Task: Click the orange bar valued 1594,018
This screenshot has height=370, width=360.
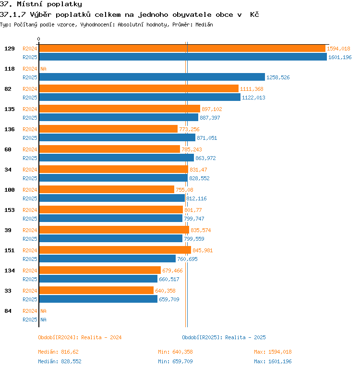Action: click(182, 49)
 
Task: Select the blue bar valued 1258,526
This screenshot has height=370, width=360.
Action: click(152, 77)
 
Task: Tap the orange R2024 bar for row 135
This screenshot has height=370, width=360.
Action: click(120, 109)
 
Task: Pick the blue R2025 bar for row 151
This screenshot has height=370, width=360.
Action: click(108, 259)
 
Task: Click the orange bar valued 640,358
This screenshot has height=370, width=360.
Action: click(96, 291)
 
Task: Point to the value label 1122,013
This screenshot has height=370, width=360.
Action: click(253, 98)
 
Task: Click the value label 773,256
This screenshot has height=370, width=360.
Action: click(189, 129)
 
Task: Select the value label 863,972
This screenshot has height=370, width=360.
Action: click(205, 158)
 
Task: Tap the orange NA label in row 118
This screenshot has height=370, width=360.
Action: click(43, 69)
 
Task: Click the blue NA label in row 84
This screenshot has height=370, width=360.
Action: click(43, 320)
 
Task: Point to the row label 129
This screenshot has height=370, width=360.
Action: click(10, 49)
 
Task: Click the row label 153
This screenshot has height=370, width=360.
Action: click(10, 210)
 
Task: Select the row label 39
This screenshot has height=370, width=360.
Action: click(8, 230)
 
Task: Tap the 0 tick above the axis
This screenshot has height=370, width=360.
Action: click(39, 39)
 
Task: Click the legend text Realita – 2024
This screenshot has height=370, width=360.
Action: click(101, 337)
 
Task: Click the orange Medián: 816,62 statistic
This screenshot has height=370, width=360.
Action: click(58, 352)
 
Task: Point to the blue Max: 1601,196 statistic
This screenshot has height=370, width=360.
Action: click(273, 361)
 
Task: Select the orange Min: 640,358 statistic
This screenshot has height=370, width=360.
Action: click(175, 352)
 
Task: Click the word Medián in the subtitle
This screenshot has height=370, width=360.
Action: click(204, 25)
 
